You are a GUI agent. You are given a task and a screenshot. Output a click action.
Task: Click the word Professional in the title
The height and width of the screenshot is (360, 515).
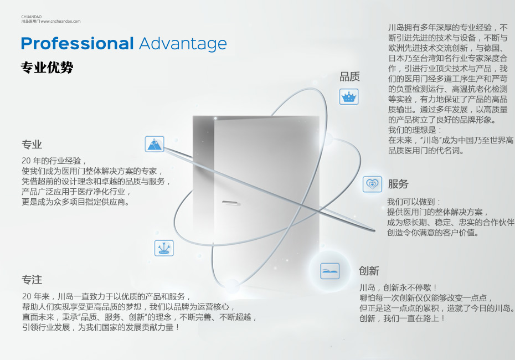[77, 44]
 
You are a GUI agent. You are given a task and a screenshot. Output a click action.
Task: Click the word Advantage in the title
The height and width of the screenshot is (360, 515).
[183, 44]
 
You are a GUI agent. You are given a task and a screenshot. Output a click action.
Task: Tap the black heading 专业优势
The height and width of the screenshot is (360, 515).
[47, 68]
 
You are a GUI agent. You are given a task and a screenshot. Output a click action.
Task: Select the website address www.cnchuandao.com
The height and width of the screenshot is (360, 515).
[61, 22]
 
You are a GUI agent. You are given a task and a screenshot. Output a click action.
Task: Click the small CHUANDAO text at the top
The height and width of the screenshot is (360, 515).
[32, 17]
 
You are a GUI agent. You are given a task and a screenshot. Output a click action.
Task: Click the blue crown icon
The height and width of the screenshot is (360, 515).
[349, 97]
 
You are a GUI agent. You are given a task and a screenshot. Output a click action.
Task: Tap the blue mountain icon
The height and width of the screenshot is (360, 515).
[154, 144]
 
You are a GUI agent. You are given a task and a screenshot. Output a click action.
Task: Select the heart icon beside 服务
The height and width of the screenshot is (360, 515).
[372, 184]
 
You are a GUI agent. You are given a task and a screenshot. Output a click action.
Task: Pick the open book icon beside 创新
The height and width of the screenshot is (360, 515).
[329, 271]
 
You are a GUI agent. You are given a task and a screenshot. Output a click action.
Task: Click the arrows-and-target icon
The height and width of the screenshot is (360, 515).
[164, 248]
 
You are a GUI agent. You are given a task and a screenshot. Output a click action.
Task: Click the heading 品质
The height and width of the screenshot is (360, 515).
[349, 76]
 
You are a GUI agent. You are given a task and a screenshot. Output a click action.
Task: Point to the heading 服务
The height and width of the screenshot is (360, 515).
[398, 184]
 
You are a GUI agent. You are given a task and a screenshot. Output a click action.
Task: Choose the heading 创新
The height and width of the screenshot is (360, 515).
[369, 271]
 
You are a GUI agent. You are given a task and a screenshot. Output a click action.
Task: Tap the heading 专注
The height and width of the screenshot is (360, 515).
[32, 280]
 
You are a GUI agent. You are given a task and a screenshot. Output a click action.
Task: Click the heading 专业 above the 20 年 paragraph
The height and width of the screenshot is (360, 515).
[32, 145]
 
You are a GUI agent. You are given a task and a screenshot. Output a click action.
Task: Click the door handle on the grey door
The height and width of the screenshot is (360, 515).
[230, 203]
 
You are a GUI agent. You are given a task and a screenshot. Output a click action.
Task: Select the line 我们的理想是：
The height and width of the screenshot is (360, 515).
[415, 130]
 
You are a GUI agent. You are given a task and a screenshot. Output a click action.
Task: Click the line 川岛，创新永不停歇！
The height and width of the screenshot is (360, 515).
[398, 288]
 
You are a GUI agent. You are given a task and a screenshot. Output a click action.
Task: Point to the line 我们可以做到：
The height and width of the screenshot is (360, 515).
[414, 202]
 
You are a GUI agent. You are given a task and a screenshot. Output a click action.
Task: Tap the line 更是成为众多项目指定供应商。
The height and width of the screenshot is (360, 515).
[75, 202]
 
